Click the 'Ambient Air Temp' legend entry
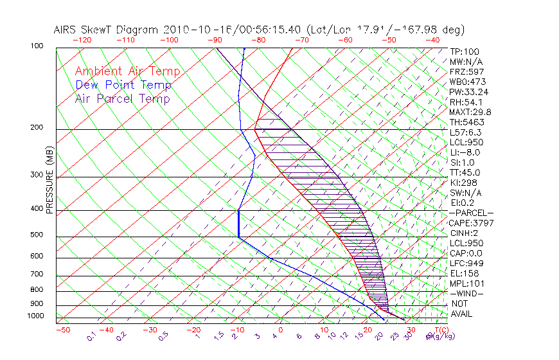[x=127, y=71]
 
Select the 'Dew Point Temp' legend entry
[x=123, y=85]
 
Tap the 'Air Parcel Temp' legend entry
[x=122, y=98]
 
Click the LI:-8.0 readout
[x=465, y=152]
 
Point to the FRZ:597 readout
[x=466, y=71]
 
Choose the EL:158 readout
[x=463, y=273]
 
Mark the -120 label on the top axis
[x=82, y=40]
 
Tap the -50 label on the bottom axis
[x=62, y=330]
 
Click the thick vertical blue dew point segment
[x=238, y=224]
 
